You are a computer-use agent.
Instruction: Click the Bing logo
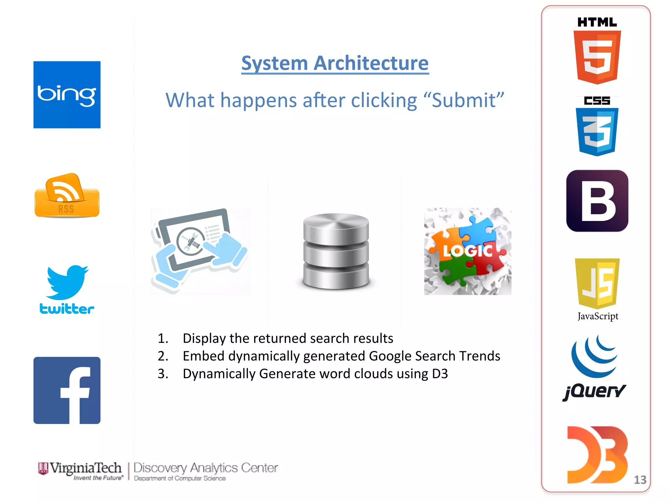pos(67,95)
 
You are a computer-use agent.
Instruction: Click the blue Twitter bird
pos(67,282)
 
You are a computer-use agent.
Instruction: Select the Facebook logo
pos(67,390)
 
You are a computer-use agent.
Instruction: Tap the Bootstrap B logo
pos(597,201)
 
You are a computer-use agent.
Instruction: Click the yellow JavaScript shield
pos(597,283)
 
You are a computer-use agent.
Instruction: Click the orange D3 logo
pos(597,455)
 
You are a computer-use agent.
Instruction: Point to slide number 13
pos(640,480)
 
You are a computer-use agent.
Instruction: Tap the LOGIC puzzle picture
pos(467,251)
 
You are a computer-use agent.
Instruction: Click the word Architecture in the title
pos(371,63)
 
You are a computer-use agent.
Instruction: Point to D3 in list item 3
pos(439,374)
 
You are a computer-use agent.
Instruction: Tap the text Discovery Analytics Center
pos(206,468)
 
